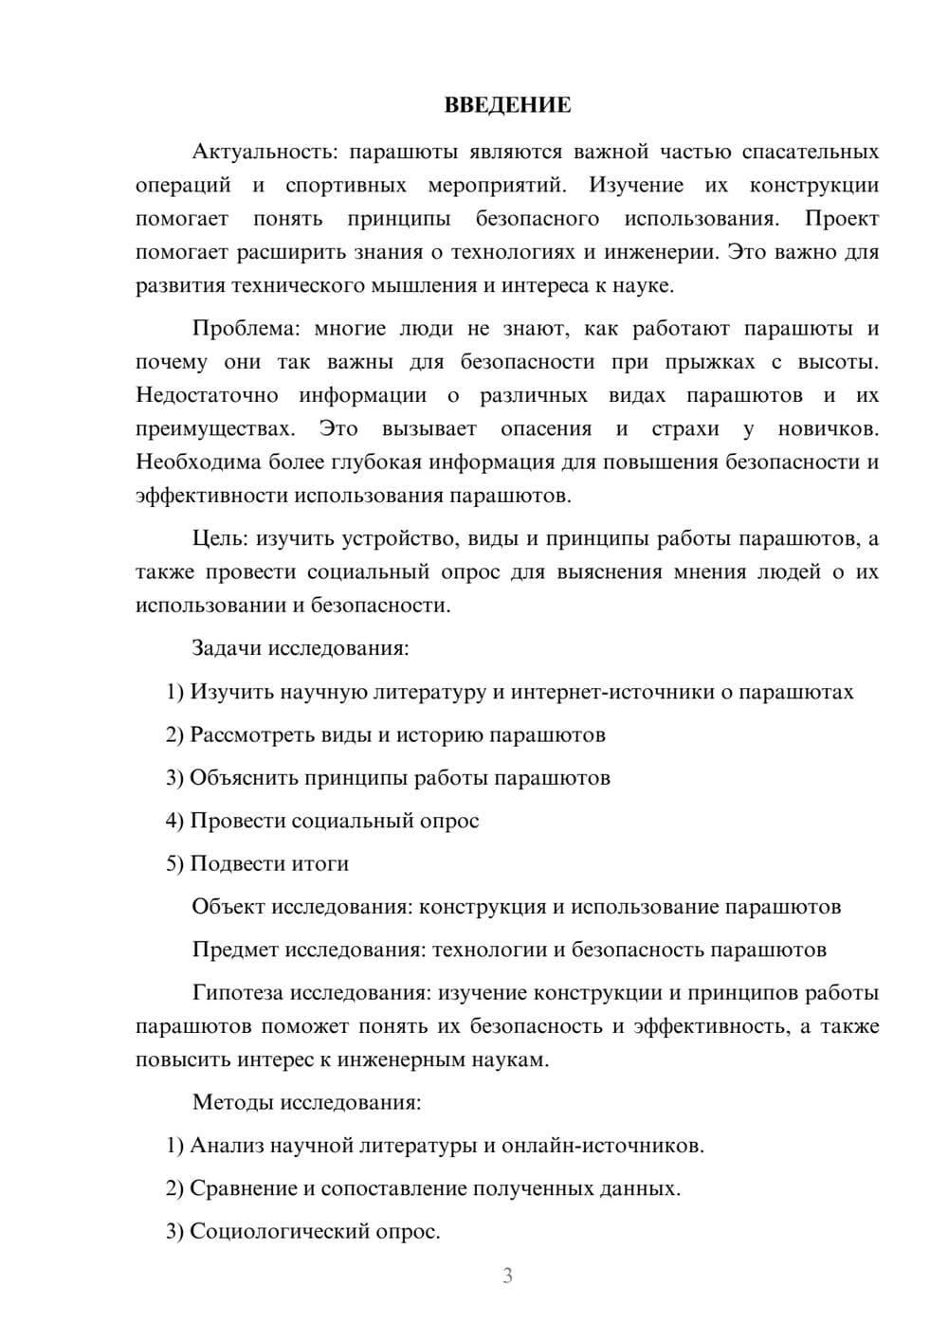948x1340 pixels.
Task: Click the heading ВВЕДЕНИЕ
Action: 507,105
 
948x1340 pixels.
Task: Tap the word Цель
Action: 219,539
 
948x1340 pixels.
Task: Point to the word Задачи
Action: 228,649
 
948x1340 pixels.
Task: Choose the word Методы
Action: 230,1102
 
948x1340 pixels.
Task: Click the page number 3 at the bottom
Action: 507,1276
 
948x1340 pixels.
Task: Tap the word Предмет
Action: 235,950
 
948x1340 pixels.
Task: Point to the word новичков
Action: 827,428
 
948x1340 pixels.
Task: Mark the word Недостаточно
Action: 207,395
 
